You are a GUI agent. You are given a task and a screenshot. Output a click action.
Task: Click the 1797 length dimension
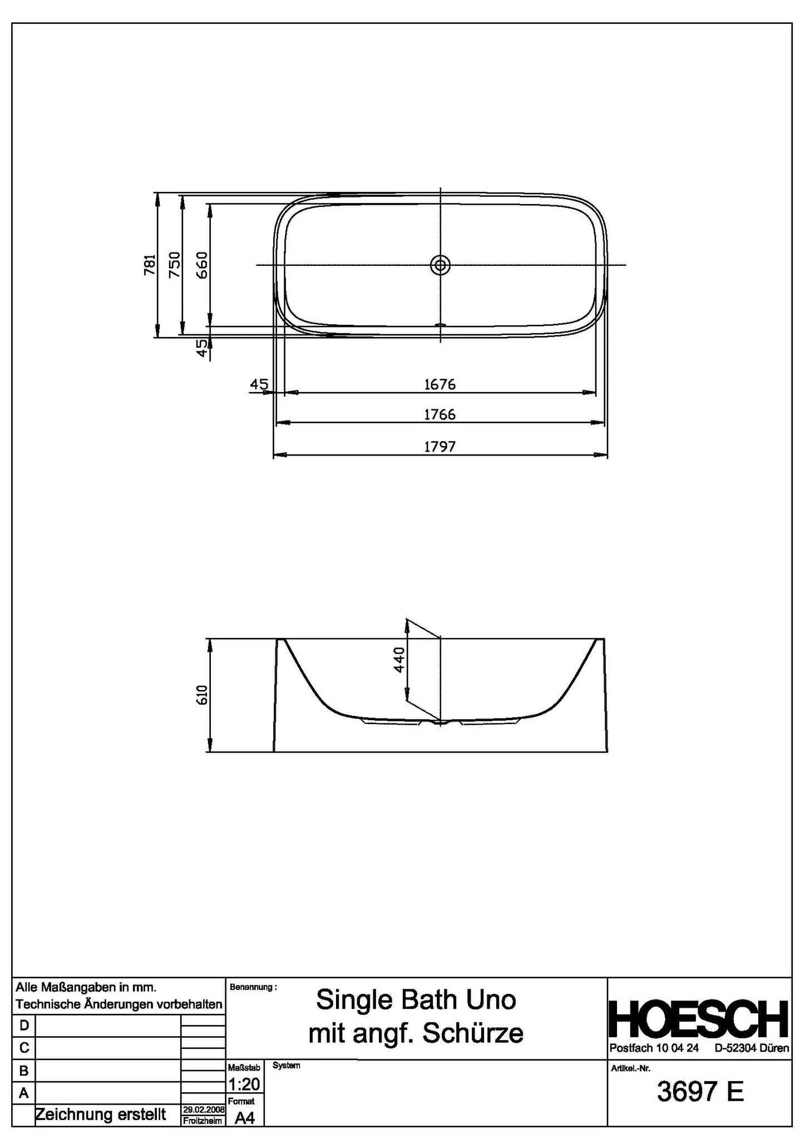439,447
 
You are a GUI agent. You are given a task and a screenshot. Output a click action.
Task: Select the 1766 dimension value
439,415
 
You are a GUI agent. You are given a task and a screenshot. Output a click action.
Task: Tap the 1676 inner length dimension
439,384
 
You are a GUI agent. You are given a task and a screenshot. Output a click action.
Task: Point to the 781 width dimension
150,265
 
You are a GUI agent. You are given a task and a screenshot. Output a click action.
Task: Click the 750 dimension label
175,265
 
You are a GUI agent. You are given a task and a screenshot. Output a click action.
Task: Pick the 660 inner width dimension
201,265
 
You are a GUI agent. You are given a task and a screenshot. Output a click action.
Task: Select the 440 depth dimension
399,660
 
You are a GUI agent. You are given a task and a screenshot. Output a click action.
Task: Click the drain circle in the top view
440,265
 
